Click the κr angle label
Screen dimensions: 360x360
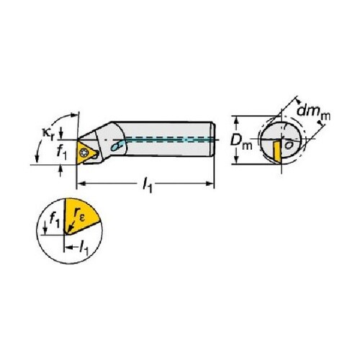[48, 134]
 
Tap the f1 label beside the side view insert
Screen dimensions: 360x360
[62, 153]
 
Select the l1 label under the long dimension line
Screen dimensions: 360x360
[148, 185]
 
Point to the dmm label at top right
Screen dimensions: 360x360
[314, 112]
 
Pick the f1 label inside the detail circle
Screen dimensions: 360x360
[54, 221]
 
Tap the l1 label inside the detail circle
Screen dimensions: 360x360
[84, 248]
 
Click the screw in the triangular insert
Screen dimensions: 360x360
[84, 152]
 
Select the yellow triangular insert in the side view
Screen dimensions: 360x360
[86, 152]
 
